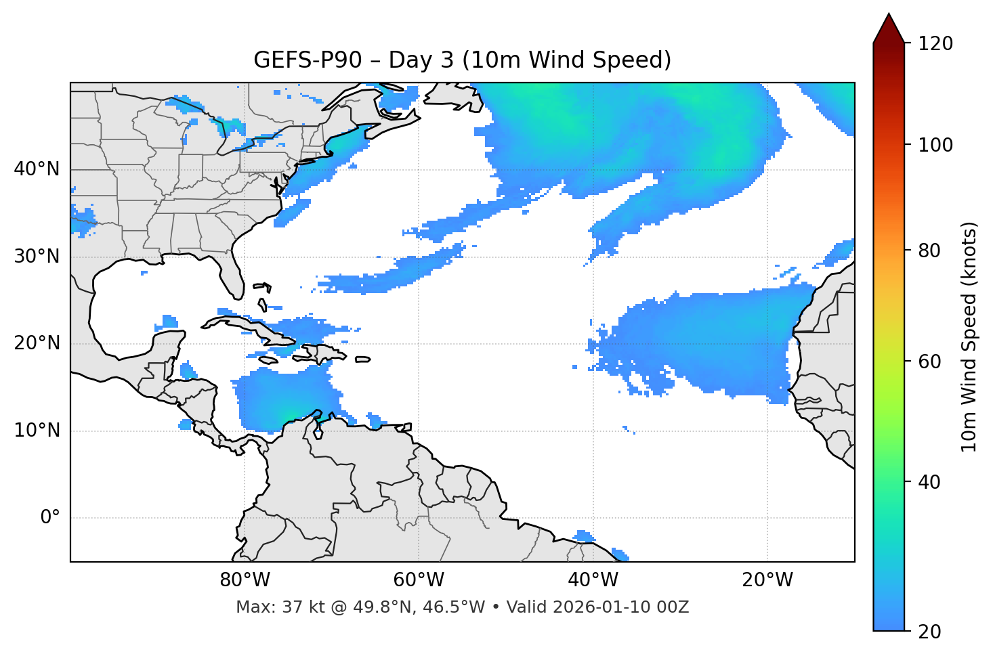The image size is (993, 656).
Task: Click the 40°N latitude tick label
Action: [37, 169]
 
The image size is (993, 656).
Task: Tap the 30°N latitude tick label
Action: [37, 257]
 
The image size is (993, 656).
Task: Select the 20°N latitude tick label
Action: [37, 343]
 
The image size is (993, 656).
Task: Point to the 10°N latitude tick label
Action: [37, 431]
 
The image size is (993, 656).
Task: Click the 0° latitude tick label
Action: [50, 518]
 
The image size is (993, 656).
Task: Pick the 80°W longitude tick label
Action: [245, 580]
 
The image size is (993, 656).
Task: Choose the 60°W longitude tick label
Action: [419, 580]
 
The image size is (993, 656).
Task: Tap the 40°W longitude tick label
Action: [593, 580]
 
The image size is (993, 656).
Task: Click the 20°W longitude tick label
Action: [767, 580]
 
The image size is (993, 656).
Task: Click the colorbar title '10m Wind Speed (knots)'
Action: [969, 336]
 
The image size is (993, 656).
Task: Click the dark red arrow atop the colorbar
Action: [889, 29]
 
